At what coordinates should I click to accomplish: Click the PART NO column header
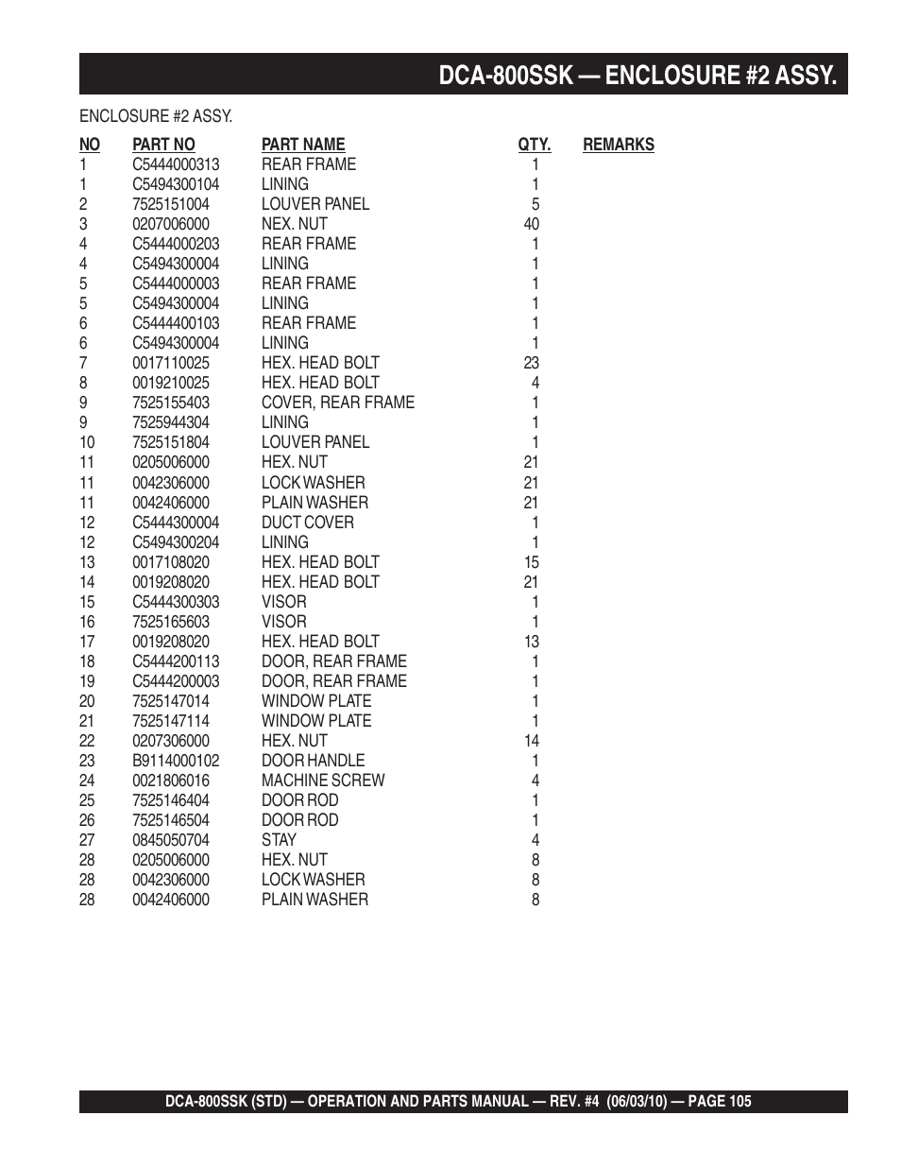(x=163, y=145)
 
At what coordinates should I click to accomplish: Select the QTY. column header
(x=534, y=145)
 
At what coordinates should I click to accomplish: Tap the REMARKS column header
(x=618, y=145)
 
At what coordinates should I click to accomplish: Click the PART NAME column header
(x=303, y=145)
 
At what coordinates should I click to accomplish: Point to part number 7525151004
(x=171, y=204)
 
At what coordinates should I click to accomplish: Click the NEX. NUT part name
(x=295, y=224)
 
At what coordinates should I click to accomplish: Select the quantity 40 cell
(x=532, y=224)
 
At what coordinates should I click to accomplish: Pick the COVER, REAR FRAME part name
(x=338, y=403)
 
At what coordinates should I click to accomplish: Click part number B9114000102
(x=176, y=761)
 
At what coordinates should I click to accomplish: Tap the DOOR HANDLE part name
(x=313, y=761)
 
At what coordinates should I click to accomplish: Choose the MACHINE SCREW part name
(x=323, y=781)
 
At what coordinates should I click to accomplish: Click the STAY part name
(x=279, y=840)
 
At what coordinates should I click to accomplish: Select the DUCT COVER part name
(x=308, y=523)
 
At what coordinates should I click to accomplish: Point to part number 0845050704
(x=171, y=840)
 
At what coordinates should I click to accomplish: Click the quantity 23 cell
(x=532, y=363)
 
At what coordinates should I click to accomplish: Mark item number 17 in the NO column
(x=87, y=642)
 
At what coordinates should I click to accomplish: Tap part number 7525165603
(x=171, y=622)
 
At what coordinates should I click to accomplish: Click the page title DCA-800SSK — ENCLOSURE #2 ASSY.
(x=637, y=75)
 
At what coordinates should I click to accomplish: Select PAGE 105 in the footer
(x=720, y=1101)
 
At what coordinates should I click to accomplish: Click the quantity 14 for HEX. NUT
(x=532, y=741)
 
